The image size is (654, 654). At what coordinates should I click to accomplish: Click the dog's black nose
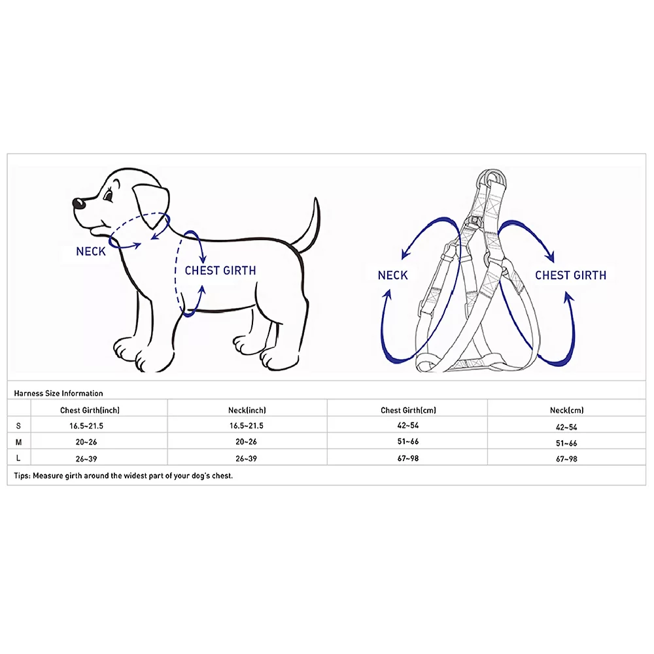[78, 203]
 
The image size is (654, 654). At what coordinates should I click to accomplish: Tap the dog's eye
[109, 195]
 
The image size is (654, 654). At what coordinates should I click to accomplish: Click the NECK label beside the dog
[91, 252]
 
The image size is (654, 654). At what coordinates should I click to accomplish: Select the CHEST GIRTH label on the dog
[220, 271]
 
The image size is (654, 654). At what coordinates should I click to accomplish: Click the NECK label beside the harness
[392, 275]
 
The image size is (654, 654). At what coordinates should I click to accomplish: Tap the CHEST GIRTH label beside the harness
[570, 275]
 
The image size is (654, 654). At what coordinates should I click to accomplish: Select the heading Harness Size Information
[58, 393]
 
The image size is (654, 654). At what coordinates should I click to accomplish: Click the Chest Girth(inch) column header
[90, 411]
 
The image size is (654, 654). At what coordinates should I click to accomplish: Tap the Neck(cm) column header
[566, 411]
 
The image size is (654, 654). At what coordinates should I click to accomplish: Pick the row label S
[18, 426]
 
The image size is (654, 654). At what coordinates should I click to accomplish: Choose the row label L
[18, 458]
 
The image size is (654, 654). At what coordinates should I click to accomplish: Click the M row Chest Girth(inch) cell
[86, 442]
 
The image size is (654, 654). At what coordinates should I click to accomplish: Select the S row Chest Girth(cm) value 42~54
[408, 426]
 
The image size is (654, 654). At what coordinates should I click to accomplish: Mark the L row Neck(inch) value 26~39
[246, 459]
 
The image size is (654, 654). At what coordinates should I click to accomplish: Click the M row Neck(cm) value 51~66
[566, 443]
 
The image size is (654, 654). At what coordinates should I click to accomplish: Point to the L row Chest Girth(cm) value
[408, 458]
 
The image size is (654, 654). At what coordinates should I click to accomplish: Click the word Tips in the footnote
[22, 475]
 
